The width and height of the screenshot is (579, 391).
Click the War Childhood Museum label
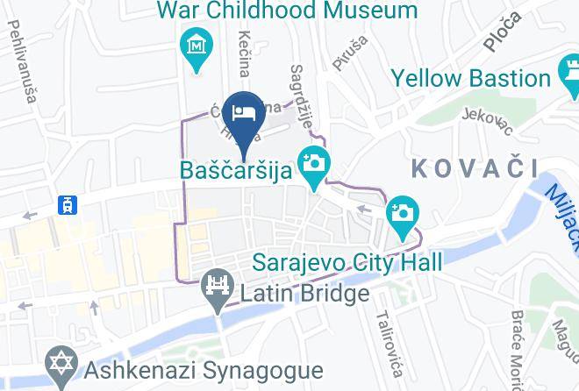[x=287, y=11]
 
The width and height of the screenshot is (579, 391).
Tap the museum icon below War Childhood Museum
[x=196, y=43]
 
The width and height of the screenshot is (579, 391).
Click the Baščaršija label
[x=235, y=168]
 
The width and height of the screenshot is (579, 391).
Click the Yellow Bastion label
[x=471, y=78]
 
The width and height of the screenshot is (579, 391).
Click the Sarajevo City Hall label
[x=347, y=261]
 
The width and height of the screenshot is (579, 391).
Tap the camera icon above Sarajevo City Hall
[x=404, y=214]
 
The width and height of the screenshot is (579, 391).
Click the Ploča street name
[x=502, y=31]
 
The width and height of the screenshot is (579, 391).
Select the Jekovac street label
[x=488, y=122]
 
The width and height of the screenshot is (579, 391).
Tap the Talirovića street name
[x=388, y=338]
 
